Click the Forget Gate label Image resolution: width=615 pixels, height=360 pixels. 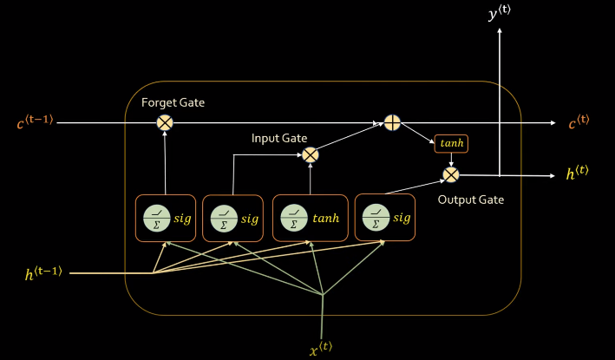(x=173, y=103)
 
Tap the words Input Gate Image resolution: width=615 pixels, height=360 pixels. (x=279, y=138)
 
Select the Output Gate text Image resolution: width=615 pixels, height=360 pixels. (x=470, y=200)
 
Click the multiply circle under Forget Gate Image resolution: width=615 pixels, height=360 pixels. (x=165, y=123)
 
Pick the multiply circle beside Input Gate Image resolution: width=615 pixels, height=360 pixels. (x=310, y=154)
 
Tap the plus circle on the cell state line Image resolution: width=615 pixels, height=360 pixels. (x=392, y=123)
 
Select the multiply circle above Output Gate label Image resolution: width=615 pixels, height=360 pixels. (x=450, y=175)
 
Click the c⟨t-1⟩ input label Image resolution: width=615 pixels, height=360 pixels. (x=35, y=123)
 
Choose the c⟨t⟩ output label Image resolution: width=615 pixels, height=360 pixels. (x=579, y=123)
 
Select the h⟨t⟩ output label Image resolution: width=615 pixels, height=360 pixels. (x=578, y=174)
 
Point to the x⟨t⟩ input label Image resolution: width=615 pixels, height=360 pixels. (x=322, y=350)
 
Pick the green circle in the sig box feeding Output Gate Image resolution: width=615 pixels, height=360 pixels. (x=376, y=217)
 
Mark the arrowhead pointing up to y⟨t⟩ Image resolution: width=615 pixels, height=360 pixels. (x=501, y=34)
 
